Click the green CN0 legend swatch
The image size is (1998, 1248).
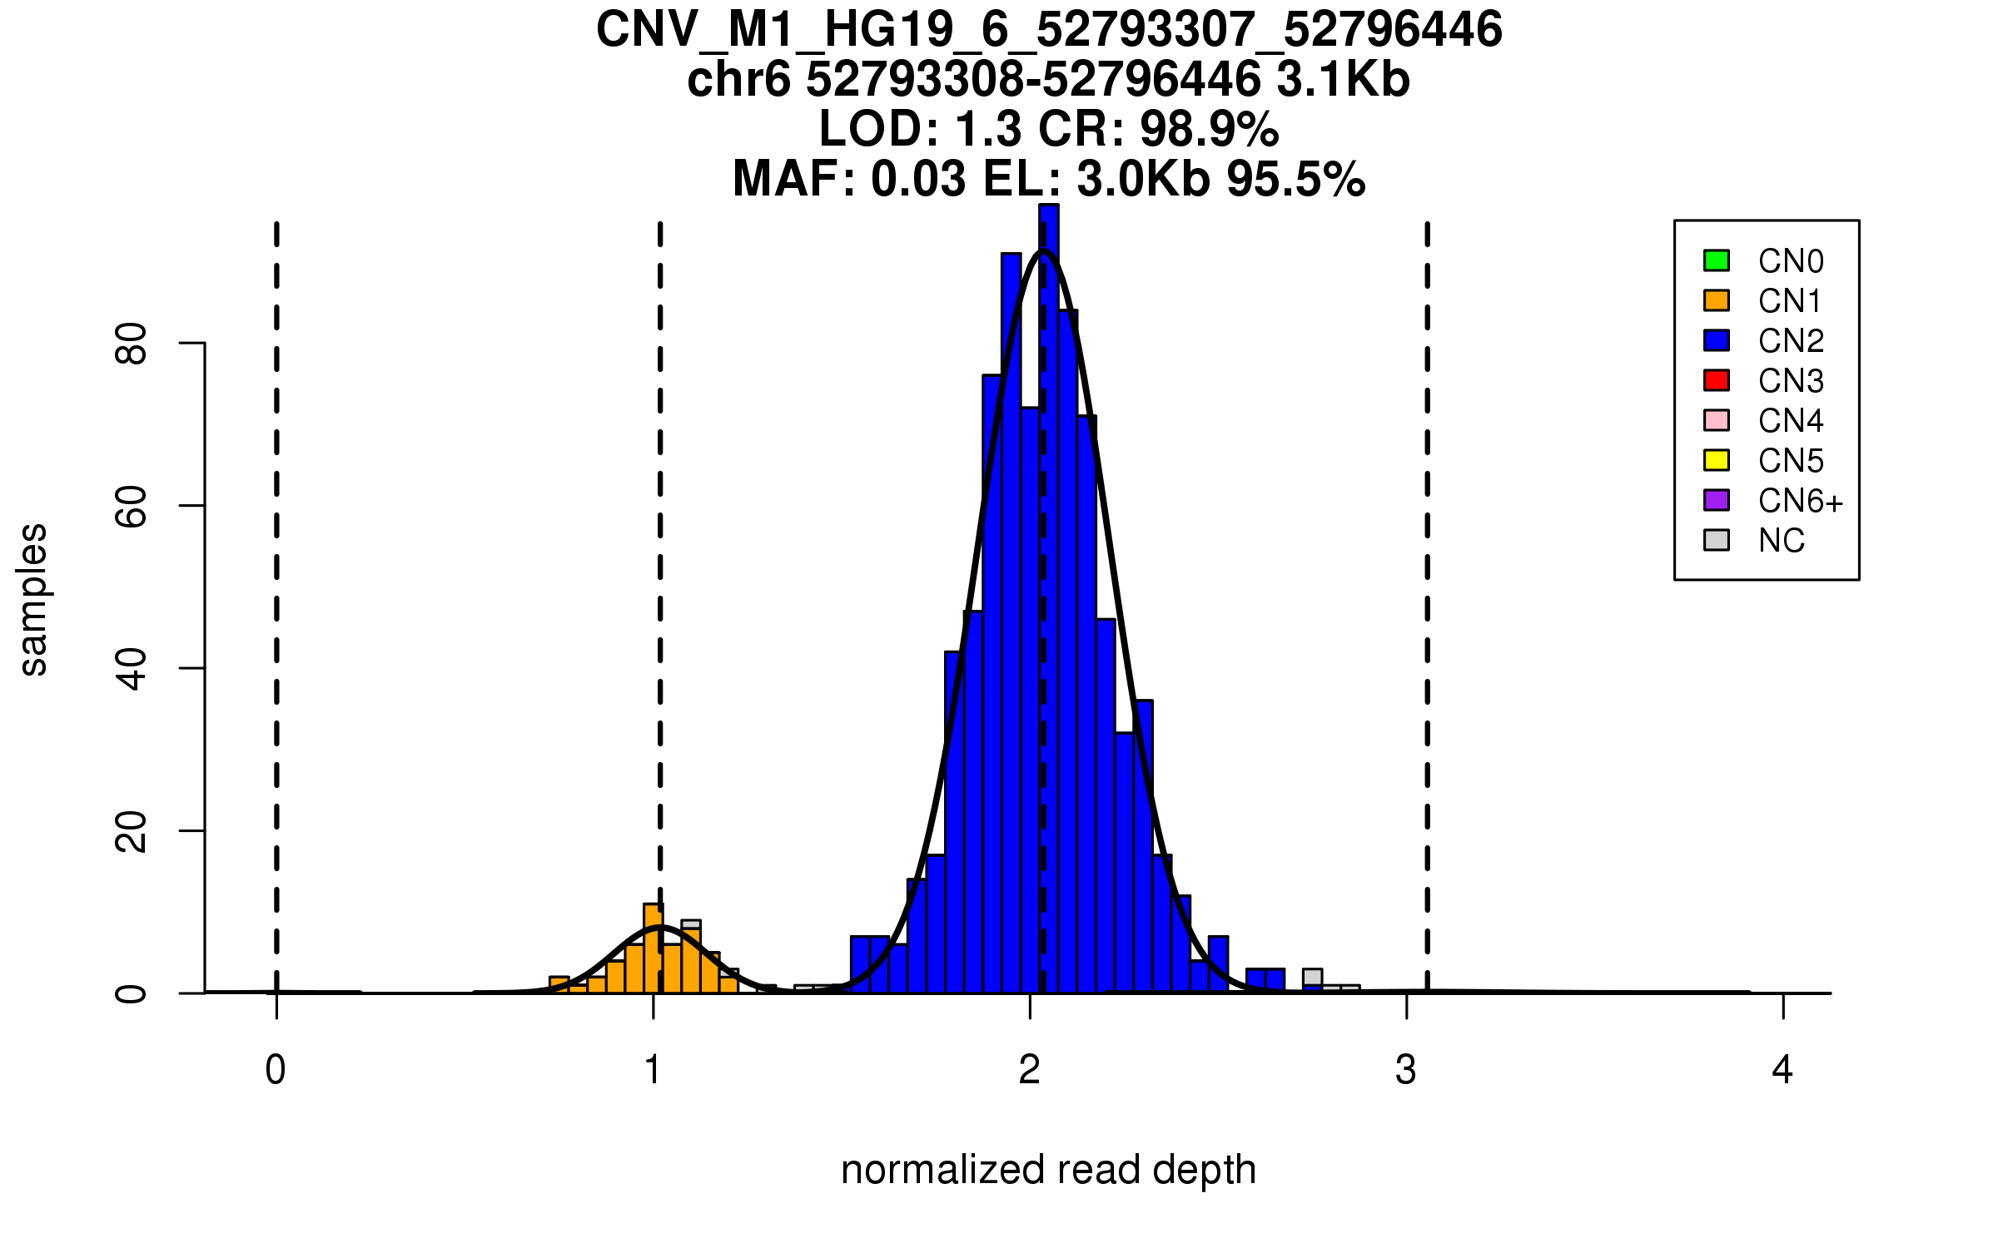tap(1717, 260)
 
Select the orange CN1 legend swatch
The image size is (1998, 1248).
tap(1717, 300)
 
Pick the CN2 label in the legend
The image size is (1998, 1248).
tap(1791, 340)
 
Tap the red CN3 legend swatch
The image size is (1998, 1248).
tap(1717, 380)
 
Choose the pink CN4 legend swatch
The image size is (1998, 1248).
tap(1717, 420)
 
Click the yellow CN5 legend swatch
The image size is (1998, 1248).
tap(1717, 460)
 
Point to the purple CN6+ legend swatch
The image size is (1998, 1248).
tap(1717, 500)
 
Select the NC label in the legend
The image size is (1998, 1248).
tap(1781, 541)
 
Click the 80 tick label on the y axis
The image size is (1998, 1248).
tap(132, 343)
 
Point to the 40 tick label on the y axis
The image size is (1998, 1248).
tap(132, 668)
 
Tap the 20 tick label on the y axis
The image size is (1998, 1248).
tap(132, 831)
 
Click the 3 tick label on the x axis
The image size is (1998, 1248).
tap(1406, 1070)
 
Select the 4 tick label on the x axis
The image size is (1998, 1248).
tap(1782, 1070)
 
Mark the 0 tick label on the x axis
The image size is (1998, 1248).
tap(276, 1070)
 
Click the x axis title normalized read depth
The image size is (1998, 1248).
tap(1048, 1170)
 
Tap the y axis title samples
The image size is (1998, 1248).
tap(33, 599)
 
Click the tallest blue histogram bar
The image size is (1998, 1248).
tap(1049, 599)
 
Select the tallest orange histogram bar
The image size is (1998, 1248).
tap(654, 948)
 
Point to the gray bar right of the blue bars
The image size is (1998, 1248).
tap(1313, 977)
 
